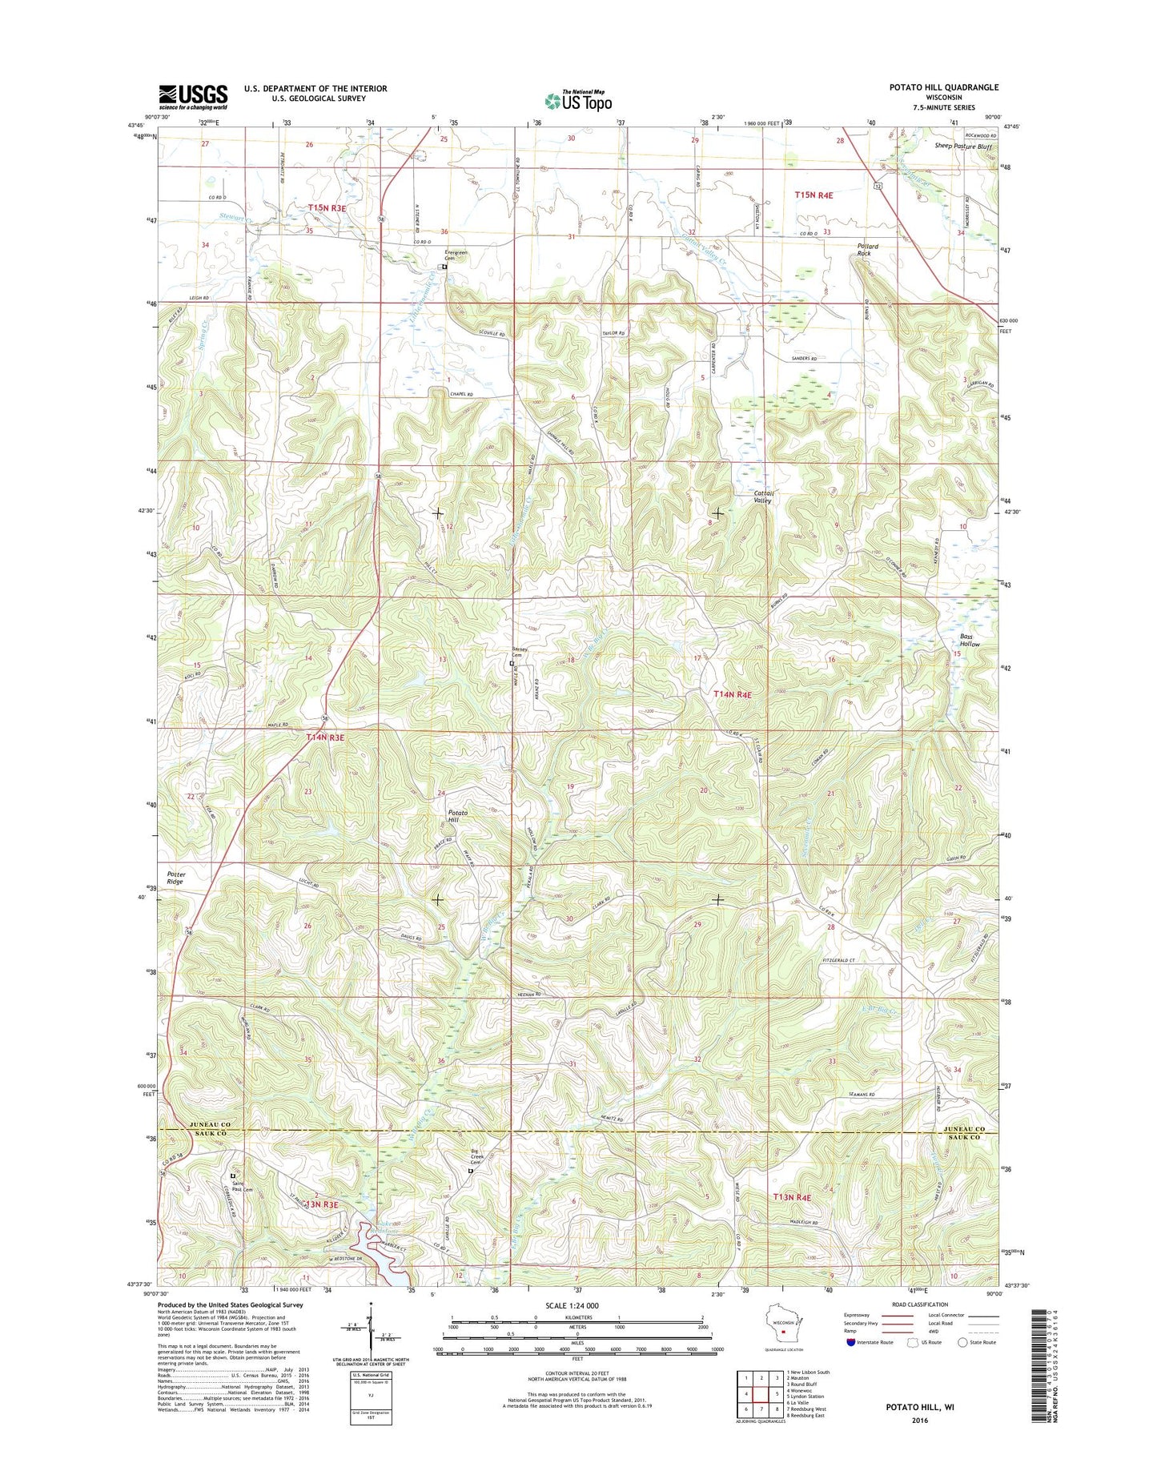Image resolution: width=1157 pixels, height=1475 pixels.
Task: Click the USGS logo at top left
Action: (x=192, y=96)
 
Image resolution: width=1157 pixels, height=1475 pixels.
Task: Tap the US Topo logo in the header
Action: (x=578, y=100)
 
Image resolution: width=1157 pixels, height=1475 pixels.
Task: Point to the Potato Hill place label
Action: (x=457, y=816)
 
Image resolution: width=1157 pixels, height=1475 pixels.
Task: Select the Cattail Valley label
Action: (x=761, y=496)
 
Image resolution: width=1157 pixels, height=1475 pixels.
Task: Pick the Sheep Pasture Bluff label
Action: (x=962, y=147)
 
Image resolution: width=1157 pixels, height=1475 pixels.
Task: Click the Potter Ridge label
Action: (x=175, y=878)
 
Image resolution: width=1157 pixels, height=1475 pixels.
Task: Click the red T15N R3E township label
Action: (x=327, y=207)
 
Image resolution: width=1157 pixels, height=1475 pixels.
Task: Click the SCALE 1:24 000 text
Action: (x=571, y=1305)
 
